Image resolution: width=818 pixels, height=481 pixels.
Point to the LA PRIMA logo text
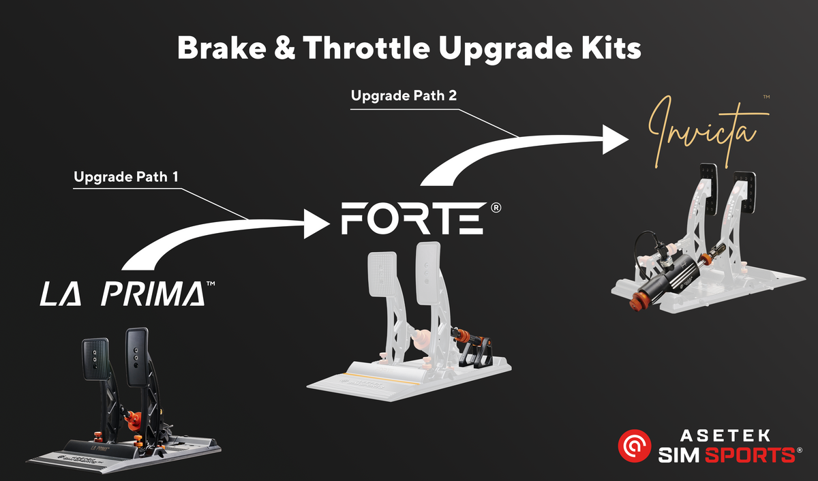click(123, 294)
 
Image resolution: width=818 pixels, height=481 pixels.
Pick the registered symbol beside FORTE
click(496, 207)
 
